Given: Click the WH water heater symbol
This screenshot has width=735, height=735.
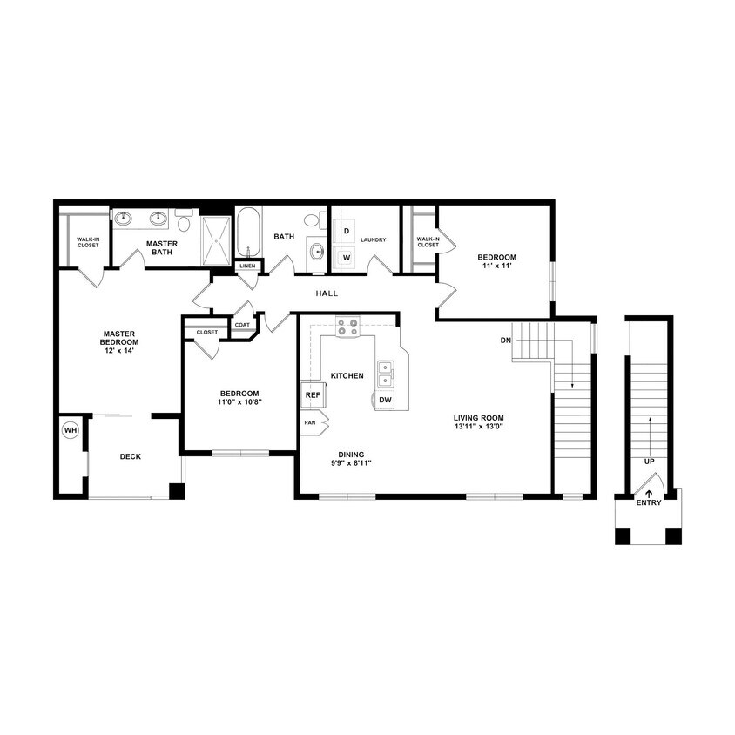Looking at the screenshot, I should click(x=70, y=430).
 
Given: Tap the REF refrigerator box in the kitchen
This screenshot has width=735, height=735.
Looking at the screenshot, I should click(x=312, y=395).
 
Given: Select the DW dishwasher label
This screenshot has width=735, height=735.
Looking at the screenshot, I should click(x=386, y=401).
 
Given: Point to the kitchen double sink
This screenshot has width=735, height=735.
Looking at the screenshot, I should click(x=385, y=373).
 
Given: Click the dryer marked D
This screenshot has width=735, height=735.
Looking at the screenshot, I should click(x=346, y=231).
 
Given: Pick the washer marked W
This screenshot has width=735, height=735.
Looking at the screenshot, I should click(x=346, y=257).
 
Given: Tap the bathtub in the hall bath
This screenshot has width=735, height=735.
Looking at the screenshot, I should click(x=248, y=231).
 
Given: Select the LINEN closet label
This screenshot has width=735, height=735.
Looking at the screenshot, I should click(x=248, y=266).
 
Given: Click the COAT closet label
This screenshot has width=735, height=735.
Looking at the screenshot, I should click(x=241, y=325).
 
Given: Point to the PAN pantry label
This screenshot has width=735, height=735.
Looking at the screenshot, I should click(x=310, y=422).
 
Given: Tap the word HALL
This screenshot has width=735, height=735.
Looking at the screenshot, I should click(x=327, y=293).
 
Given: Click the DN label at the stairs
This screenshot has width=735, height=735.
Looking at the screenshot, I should click(x=505, y=340).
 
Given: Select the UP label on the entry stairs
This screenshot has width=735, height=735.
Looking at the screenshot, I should click(x=649, y=461).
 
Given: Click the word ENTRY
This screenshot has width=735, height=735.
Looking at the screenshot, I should click(x=649, y=503).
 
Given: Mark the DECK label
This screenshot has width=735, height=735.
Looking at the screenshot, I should click(x=131, y=456).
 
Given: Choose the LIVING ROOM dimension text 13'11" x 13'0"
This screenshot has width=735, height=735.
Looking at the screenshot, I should click(x=479, y=427).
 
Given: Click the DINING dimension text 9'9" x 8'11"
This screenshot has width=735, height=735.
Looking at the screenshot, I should click(x=353, y=463).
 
